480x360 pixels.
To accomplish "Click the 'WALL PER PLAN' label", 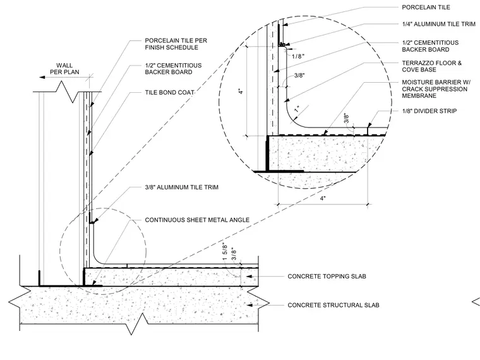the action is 64,69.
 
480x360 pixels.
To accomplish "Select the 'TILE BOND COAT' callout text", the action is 170,92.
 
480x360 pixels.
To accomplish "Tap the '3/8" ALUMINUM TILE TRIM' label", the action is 181,187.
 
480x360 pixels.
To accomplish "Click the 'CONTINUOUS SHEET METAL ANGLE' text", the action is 197,220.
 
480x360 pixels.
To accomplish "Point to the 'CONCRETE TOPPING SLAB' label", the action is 327,276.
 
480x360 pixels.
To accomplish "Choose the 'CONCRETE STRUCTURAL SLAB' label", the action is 333,305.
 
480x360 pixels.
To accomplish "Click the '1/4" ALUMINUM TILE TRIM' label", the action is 439,24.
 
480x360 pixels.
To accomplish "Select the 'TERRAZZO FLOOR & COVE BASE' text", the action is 431,66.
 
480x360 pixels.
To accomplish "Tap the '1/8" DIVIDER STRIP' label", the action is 429,111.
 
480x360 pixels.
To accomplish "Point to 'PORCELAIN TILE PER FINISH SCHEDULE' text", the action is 176,44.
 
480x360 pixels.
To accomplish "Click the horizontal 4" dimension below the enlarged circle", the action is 323,198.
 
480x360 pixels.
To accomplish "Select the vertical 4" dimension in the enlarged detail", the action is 241,91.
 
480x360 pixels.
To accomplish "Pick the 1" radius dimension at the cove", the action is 297,109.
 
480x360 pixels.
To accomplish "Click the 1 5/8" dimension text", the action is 225,252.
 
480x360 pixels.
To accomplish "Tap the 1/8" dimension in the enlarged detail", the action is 298,56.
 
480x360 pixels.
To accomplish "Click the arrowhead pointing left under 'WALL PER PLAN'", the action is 42,78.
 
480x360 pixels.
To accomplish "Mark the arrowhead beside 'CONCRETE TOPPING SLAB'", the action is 249,276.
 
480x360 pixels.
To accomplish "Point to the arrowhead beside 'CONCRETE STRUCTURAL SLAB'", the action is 249,305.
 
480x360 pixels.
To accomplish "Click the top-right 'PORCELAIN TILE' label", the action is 426,7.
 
